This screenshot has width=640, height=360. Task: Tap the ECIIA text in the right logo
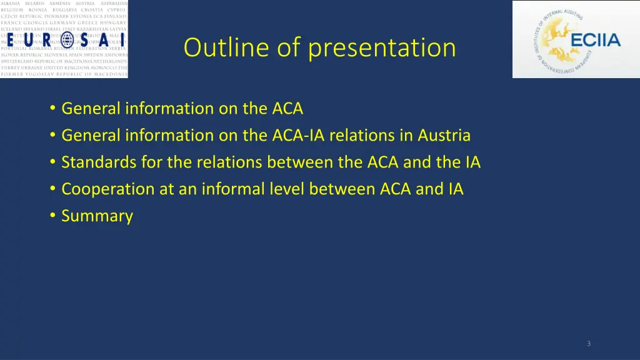point(596,41)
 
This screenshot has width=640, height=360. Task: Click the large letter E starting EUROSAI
point(13,39)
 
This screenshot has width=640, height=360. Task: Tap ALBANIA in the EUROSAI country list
point(11,4)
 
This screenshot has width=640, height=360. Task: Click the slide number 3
point(589,344)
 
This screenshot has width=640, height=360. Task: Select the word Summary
point(97,216)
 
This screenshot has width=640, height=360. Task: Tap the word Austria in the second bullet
point(444,136)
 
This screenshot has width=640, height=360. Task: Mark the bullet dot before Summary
point(52,216)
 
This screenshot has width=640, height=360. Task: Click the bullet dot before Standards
point(52,162)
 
